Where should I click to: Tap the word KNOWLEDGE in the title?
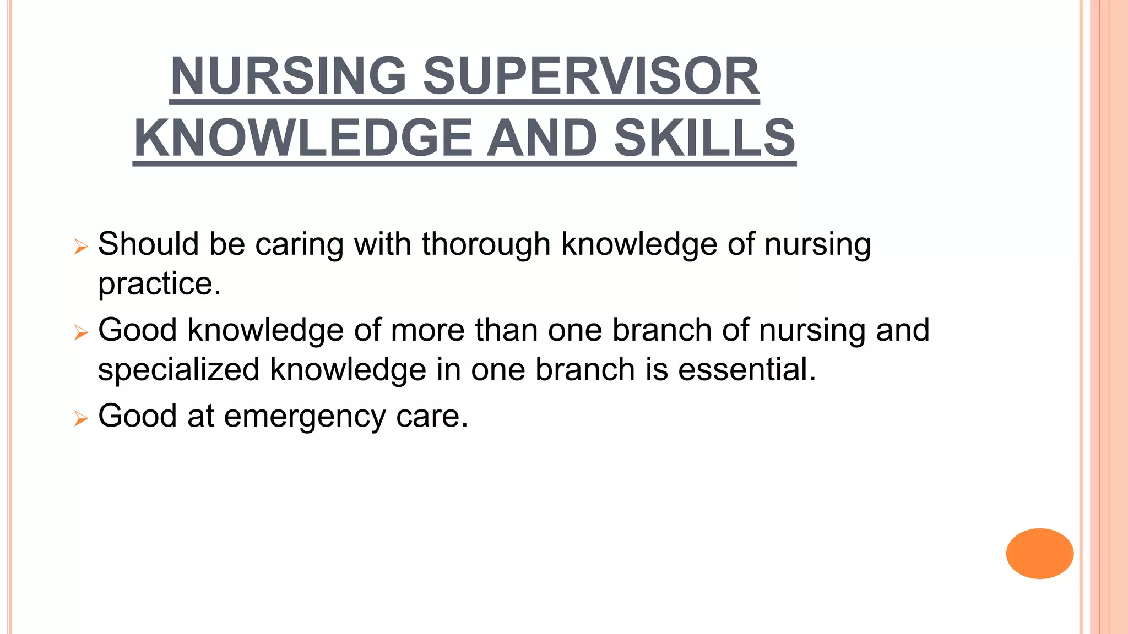(x=303, y=138)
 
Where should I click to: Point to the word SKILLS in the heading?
(x=704, y=138)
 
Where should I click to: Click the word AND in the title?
(x=542, y=138)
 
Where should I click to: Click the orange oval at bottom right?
(x=1039, y=553)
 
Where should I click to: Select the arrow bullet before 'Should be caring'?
(x=80, y=247)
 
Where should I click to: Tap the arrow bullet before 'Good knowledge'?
(x=80, y=333)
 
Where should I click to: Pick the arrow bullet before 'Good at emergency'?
(x=80, y=419)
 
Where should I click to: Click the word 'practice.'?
(x=159, y=284)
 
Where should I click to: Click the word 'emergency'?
(x=305, y=417)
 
